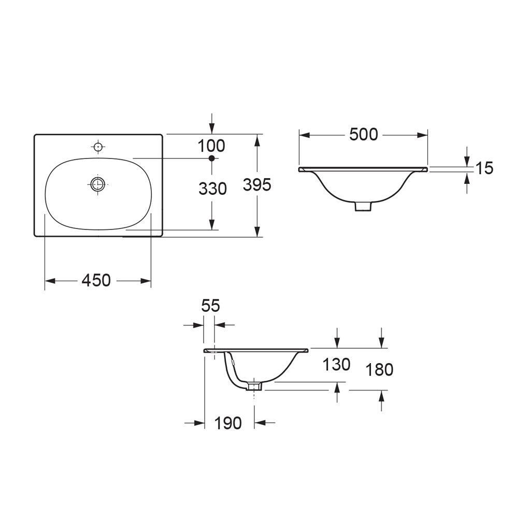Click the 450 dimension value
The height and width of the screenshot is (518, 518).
[96, 280]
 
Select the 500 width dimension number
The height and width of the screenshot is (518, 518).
[363, 135]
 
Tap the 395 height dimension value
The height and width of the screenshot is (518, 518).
[257, 184]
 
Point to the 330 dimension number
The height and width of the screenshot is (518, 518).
[212, 189]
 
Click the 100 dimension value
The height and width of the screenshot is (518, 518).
[211, 146]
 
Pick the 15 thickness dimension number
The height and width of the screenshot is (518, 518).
[484, 168]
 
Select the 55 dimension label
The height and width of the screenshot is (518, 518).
[210, 306]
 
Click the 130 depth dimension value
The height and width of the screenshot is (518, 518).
[337, 365]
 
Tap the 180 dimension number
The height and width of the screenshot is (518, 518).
[379, 369]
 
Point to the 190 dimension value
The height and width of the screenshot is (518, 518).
[228, 423]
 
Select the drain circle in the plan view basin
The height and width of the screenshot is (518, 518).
[97, 183]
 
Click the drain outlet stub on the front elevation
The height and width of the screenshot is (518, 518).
[364, 206]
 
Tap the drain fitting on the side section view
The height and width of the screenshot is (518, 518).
[254, 386]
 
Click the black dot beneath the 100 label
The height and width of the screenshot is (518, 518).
[211, 158]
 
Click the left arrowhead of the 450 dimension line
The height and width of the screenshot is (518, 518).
[50, 281]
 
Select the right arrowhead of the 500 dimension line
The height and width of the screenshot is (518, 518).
[423, 135]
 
